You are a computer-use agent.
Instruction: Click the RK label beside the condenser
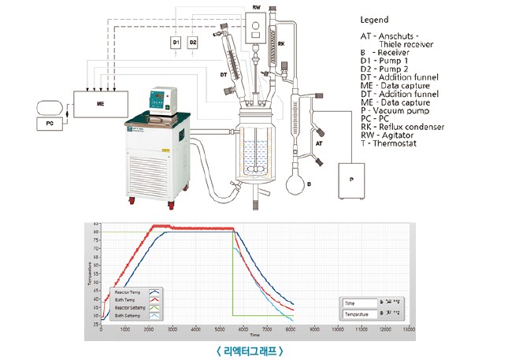pyautogui.click(x=281, y=44)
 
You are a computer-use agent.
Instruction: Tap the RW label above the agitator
pyautogui.click(x=256, y=7)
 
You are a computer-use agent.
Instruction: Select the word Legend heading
pyautogui.click(x=376, y=19)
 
